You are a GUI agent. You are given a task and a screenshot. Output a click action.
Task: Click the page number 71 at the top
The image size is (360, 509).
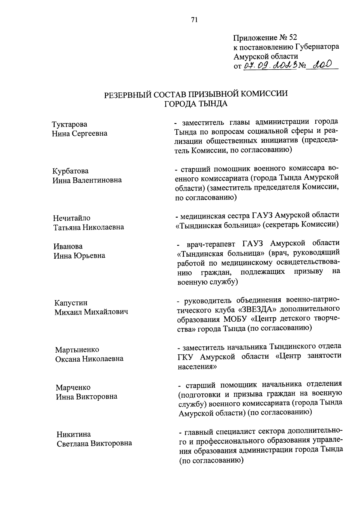194,20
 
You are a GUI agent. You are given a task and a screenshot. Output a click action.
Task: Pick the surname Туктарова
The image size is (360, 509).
70,124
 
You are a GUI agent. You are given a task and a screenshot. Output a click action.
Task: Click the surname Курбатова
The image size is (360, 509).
70,171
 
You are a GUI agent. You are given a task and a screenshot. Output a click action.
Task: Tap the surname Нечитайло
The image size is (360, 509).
72,218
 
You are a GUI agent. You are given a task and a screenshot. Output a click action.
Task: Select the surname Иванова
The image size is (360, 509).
68,246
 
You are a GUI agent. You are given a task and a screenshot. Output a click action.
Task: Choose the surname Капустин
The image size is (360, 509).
71,303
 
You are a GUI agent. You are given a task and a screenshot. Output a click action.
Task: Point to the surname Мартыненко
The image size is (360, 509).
77,350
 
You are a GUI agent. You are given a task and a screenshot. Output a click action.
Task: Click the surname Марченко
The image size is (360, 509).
73,387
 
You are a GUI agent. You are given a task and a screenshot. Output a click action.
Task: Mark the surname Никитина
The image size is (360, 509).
74,434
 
